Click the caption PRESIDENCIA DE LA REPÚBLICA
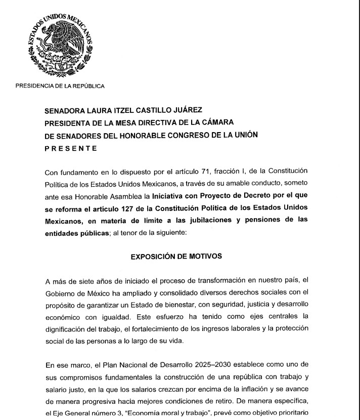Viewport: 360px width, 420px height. [60, 86]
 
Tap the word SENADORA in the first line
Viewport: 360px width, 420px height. [66, 110]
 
